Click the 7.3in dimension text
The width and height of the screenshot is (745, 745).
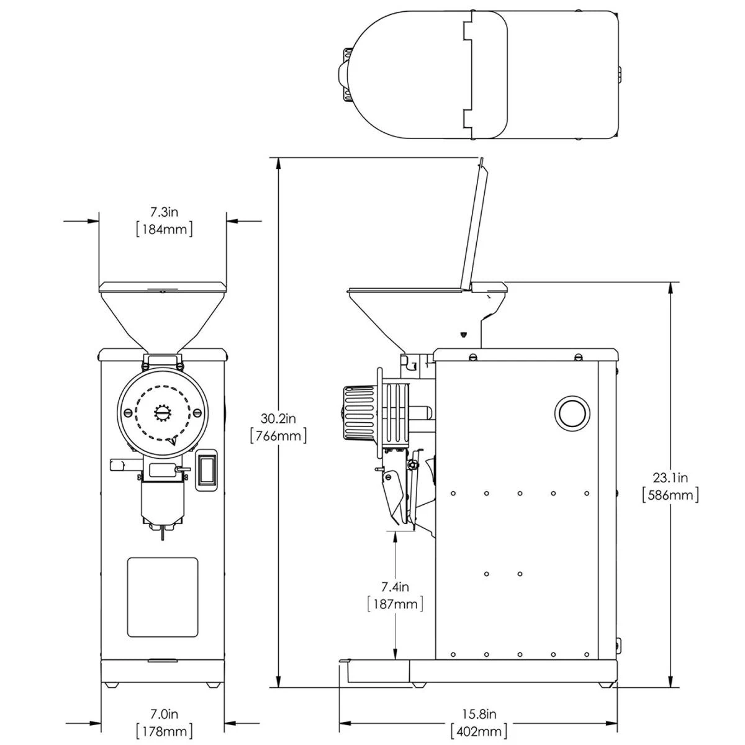coord(163,212)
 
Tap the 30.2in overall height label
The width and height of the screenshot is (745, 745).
coord(278,418)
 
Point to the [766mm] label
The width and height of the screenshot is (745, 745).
coord(278,436)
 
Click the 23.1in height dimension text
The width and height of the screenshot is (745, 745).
coord(670,477)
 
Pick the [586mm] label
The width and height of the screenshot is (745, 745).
coord(670,495)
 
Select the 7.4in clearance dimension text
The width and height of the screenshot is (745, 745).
coord(395,586)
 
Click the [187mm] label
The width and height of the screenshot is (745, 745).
coord(395,603)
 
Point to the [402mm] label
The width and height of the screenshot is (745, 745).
coord(478,731)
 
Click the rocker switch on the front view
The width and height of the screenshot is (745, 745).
coord(207,471)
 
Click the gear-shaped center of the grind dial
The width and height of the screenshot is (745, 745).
coord(162,413)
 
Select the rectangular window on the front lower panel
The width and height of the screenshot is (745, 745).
coord(163,597)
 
